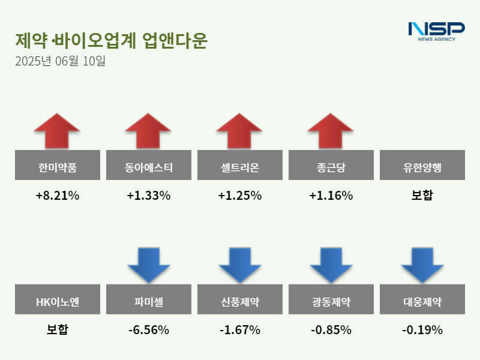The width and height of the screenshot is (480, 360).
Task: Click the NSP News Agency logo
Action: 436,31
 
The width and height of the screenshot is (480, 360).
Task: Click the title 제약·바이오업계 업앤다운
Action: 111,41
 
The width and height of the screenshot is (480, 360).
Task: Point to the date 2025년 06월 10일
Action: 60,61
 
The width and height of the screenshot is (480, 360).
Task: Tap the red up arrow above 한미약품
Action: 57,130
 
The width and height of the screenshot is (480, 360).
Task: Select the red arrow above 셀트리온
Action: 239,130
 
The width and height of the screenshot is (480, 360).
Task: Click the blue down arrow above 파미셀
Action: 148,265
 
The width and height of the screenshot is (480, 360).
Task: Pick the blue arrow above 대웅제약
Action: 422,265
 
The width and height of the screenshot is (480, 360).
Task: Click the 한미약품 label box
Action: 57,165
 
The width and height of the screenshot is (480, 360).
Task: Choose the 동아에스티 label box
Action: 148,165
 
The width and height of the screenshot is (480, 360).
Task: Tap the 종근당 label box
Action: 331,165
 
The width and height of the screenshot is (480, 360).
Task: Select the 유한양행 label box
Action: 422,165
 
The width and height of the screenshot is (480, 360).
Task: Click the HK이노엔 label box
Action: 57,299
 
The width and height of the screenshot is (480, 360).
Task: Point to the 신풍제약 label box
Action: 239,299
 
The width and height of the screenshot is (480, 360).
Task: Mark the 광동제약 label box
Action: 331,299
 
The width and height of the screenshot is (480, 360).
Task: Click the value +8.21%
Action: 57,196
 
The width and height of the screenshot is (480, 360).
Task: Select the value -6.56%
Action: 148,330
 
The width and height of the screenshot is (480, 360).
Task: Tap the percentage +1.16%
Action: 331,196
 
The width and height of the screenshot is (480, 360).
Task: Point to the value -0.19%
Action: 422,330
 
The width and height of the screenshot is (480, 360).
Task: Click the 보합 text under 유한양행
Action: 422,196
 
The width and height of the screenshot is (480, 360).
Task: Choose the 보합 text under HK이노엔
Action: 57,330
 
